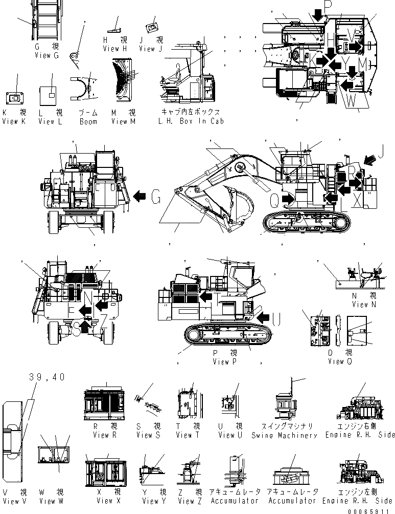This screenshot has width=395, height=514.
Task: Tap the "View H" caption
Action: click(x=114, y=49)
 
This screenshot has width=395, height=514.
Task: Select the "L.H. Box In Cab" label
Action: click(x=192, y=121)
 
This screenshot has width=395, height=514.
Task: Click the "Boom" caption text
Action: click(x=88, y=121)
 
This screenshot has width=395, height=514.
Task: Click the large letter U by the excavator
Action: click(x=275, y=320)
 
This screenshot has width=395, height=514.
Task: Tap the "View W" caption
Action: click(x=51, y=501)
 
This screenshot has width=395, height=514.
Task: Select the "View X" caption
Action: click(x=108, y=501)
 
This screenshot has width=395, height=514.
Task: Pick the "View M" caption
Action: click(x=123, y=121)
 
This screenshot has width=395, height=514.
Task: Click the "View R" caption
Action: click(x=105, y=435)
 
